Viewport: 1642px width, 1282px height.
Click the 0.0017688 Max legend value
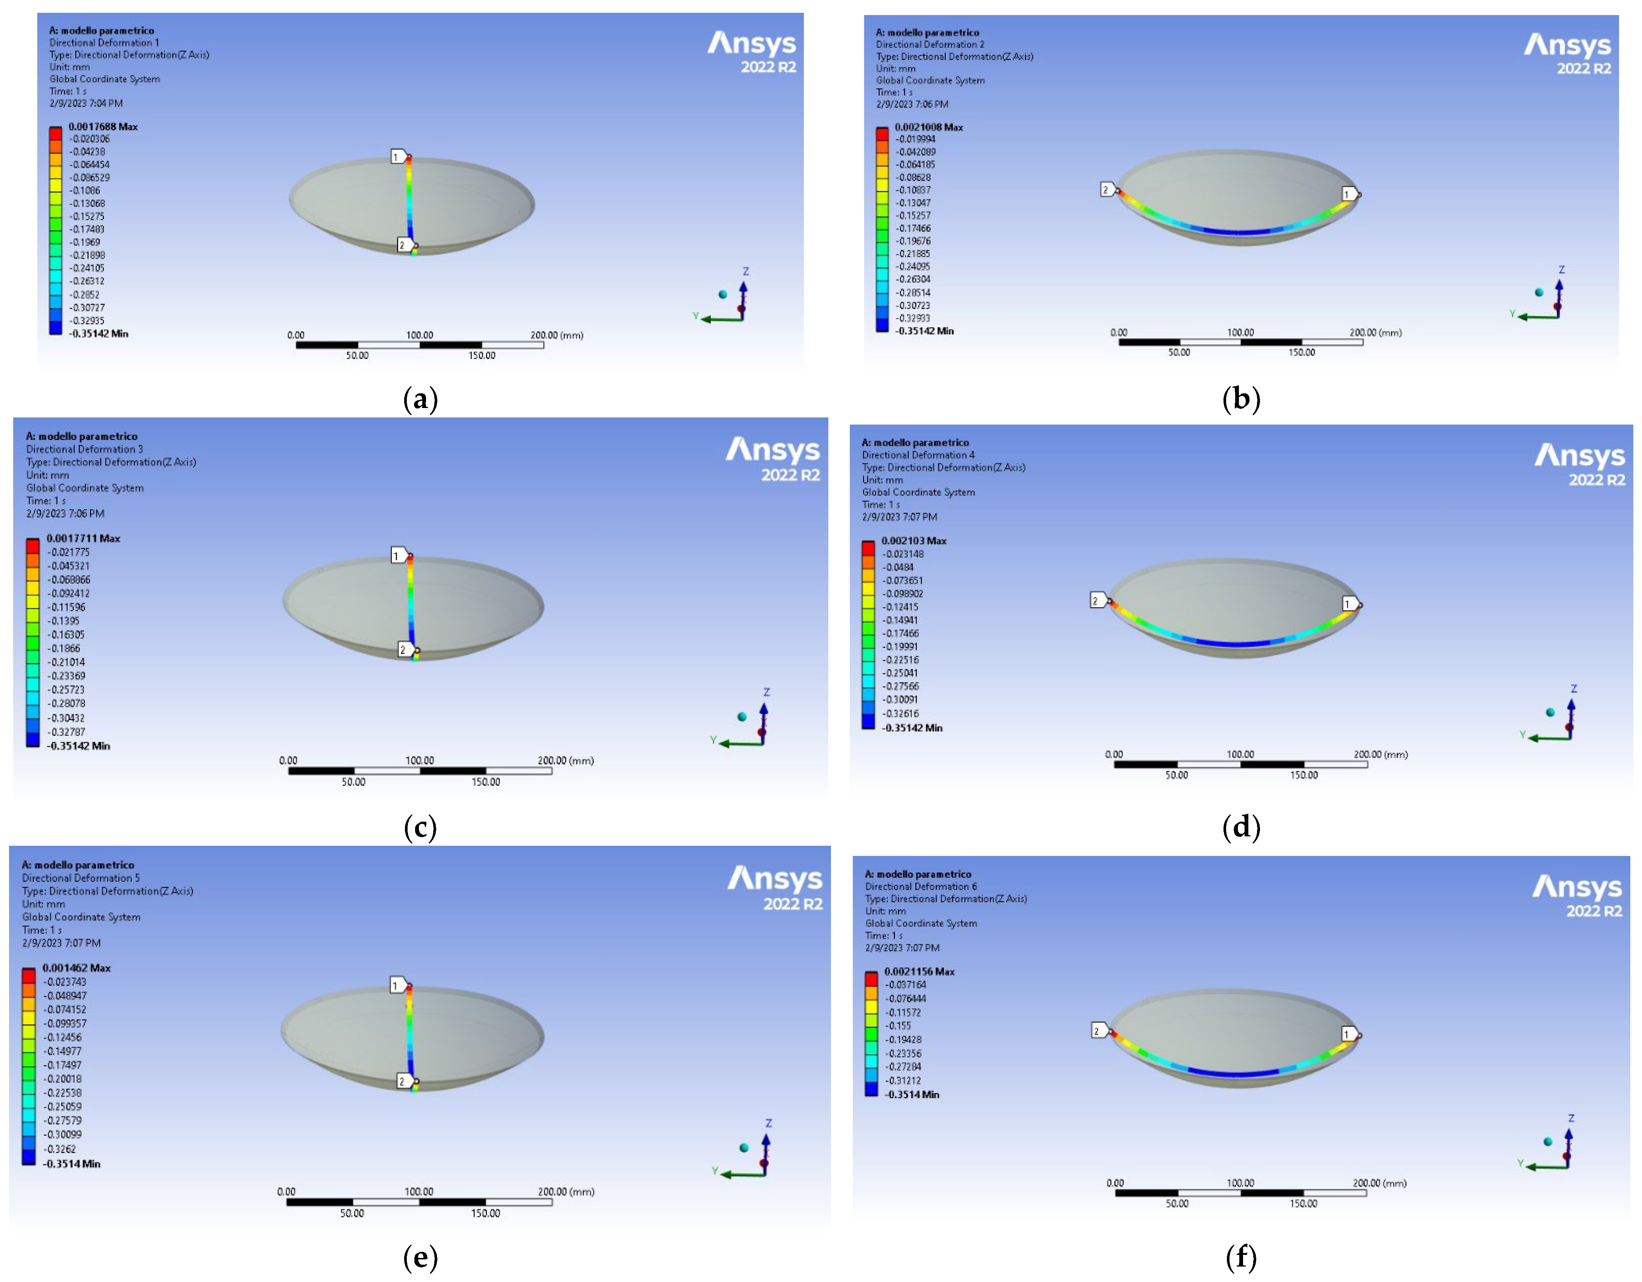[103, 126]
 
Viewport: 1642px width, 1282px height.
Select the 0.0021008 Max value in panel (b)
[928, 127]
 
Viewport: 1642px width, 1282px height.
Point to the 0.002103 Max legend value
[913, 541]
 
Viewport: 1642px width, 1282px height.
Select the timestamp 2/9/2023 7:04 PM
[86, 103]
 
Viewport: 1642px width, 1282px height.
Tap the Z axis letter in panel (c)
[766, 692]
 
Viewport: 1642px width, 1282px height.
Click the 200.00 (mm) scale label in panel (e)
[565, 1192]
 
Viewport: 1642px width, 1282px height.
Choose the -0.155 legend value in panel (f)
[898, 1026]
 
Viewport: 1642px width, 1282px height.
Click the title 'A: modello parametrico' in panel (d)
[915, 442]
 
